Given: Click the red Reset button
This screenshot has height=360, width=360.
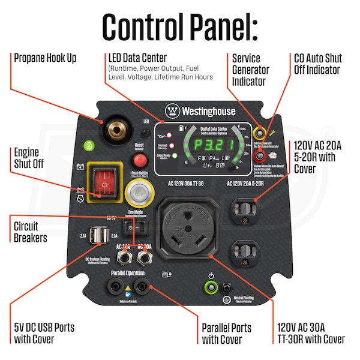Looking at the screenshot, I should [x=140, y=160].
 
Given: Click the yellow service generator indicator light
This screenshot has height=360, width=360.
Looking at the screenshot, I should [x=260, y=132].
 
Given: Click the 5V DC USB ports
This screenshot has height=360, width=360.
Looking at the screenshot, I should [x=97, y=236].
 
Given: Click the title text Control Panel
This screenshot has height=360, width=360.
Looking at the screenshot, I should [x=179, y=26].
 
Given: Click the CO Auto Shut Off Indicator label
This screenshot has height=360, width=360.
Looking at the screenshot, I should [x=318, y=64].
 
